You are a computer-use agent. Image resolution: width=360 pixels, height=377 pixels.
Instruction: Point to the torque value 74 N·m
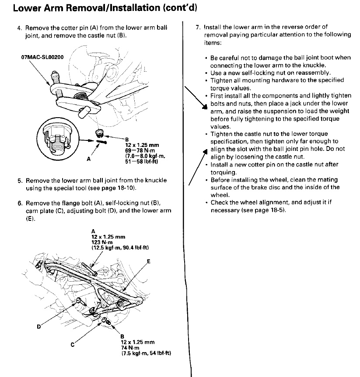pyautogui.click(x=129, y=347)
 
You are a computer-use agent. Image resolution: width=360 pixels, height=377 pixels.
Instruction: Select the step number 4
pyautogui.click(x=19, y=28)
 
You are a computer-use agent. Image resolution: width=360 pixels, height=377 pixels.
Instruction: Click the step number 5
pyautogui.click(x=20, y=181)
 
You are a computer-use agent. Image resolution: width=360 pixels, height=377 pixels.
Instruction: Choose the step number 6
pyautogui.click(x=20, y=204)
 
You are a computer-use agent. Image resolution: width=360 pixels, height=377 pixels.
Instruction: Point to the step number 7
pyautogui.click(x=198, y=27)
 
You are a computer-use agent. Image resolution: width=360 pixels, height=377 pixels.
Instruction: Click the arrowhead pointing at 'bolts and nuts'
pyautogui.click(x=205, y=108)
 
